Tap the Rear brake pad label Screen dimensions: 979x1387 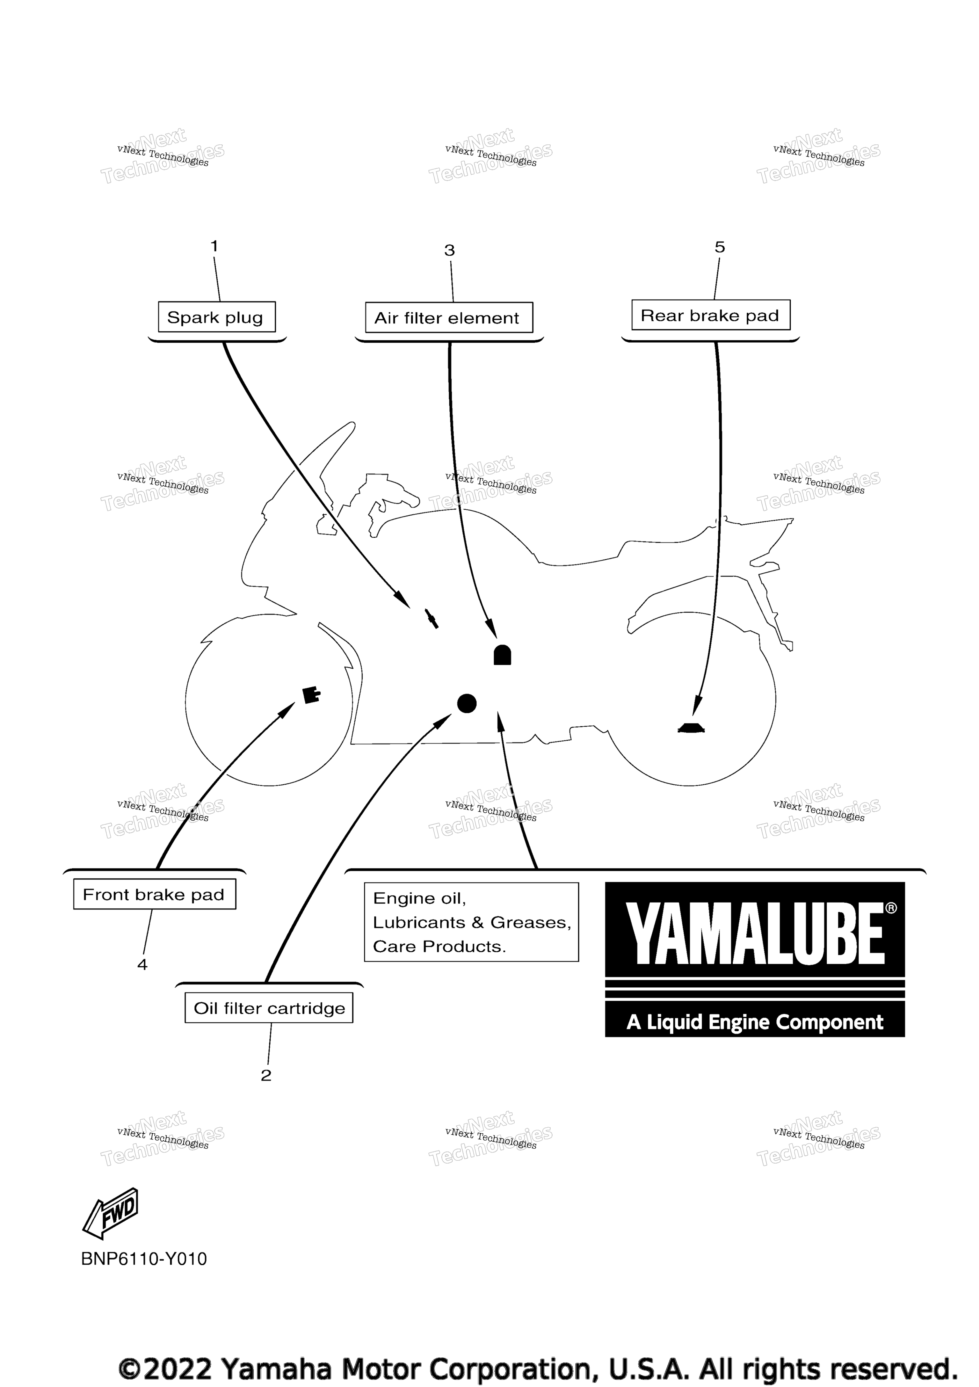pos(711,315)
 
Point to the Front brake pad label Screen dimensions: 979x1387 pos(155,894)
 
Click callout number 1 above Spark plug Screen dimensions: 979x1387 pos(214,246)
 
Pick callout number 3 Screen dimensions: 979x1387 pos(449,250)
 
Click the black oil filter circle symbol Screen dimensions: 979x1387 pos(467,703)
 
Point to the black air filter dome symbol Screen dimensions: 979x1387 pos(503,655)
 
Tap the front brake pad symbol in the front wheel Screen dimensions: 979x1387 pos(312,695)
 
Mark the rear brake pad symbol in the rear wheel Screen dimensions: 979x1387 pos(692,728)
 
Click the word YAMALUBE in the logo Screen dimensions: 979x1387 pos(755,933)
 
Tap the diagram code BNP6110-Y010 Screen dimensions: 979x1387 pos(144,1259)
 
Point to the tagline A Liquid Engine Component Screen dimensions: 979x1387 pos(755,1022)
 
